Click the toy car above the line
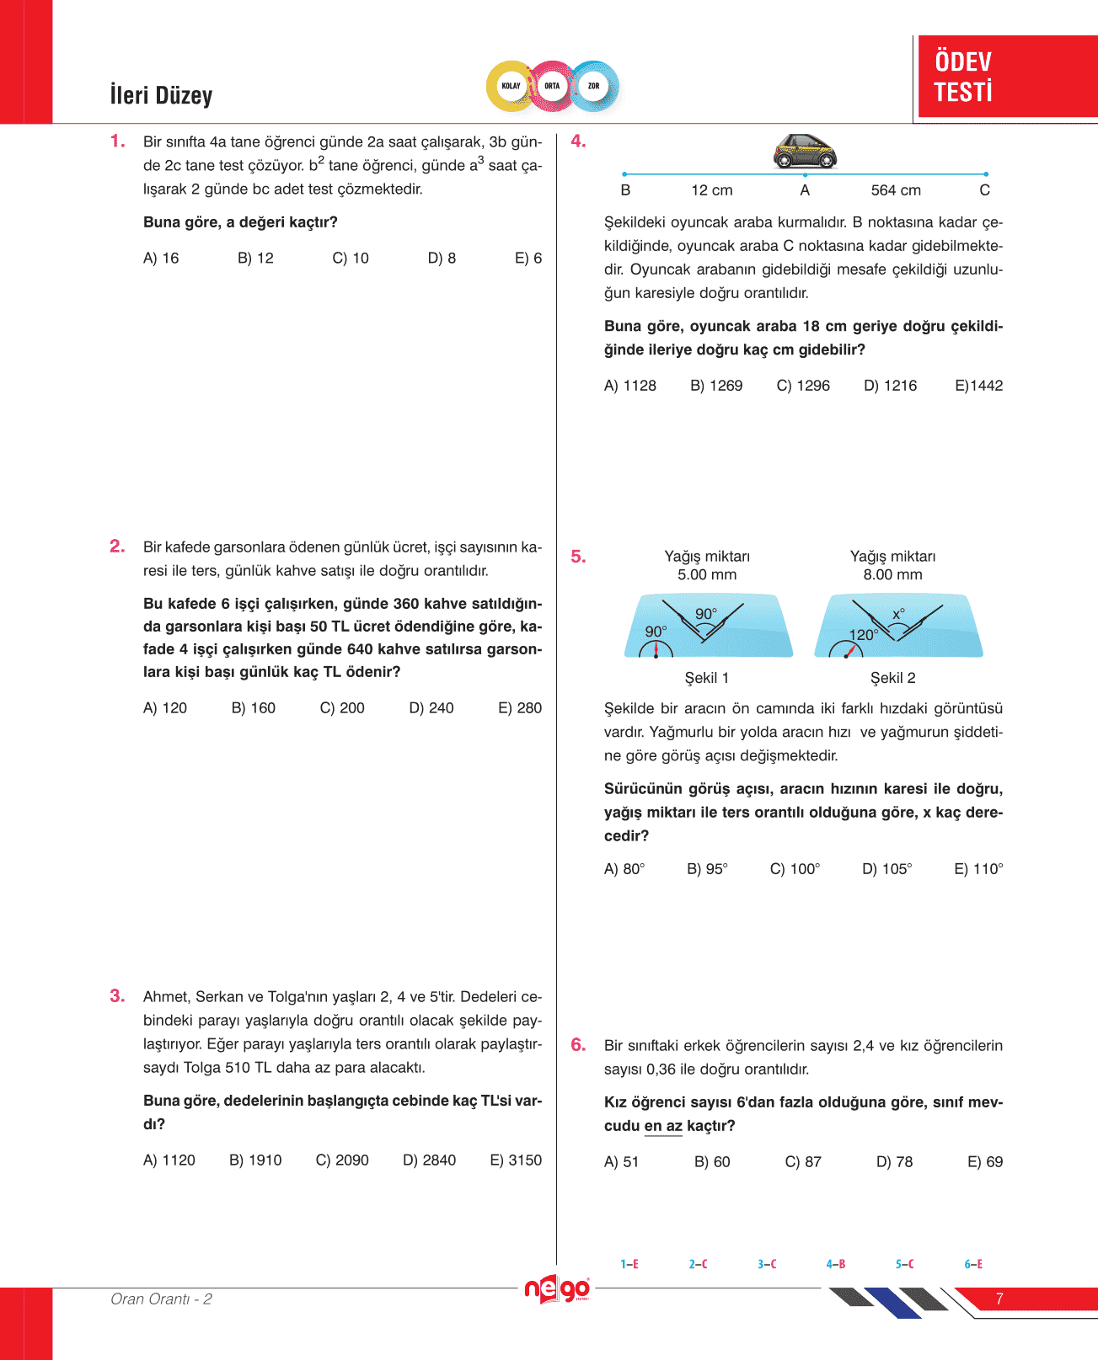tap(805, 151)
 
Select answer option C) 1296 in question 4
tap(803, 386)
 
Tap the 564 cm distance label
tap(896, 190)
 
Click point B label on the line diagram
tap(625, 190)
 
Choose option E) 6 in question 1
tap(528, 259)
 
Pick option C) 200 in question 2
tap(342, 708)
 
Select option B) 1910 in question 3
tap(255, 1160)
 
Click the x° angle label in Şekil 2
tap(898, 615)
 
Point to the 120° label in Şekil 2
tap(863, 635)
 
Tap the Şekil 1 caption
tap(707, 678)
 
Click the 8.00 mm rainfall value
tap(892, 575)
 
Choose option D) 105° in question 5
tap(886, 869)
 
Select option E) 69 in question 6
tap(984, 1162)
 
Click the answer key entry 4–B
tap(836, 1264)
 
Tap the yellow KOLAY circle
tap(511, 86)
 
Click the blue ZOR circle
tap(594, 86)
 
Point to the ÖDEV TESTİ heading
tap(963, 77)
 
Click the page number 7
tap(999, 1299)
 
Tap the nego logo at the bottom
tap(557, 1289)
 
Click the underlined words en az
tap(663, 1126)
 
